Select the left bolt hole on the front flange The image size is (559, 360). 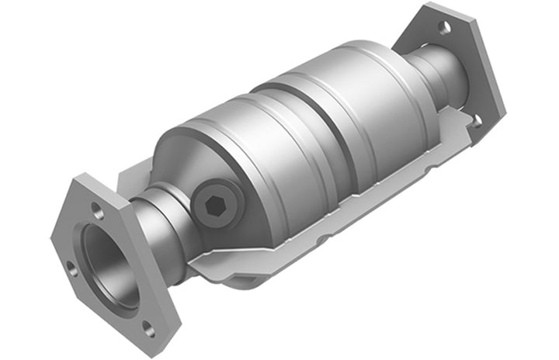pyautogui.click(x=71, y=268)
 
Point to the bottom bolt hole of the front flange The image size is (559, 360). pyautogui.click(x=147, y=329)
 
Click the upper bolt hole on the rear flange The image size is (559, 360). pyautogui.click(x=445, y=27)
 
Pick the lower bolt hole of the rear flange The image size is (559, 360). pyautogui.click(x=475, y=119)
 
